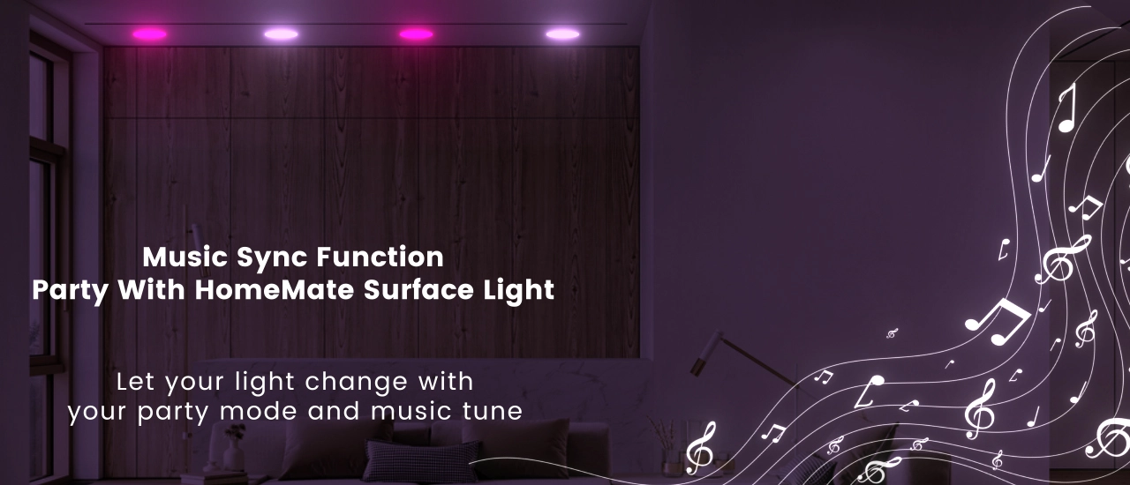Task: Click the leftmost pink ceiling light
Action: point(149,34)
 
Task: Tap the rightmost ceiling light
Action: point(562,34)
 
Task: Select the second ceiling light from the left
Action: point(281,34)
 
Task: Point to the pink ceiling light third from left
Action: point(416,34)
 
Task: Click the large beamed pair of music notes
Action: point(998,321)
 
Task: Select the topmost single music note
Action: point(1067,108)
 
